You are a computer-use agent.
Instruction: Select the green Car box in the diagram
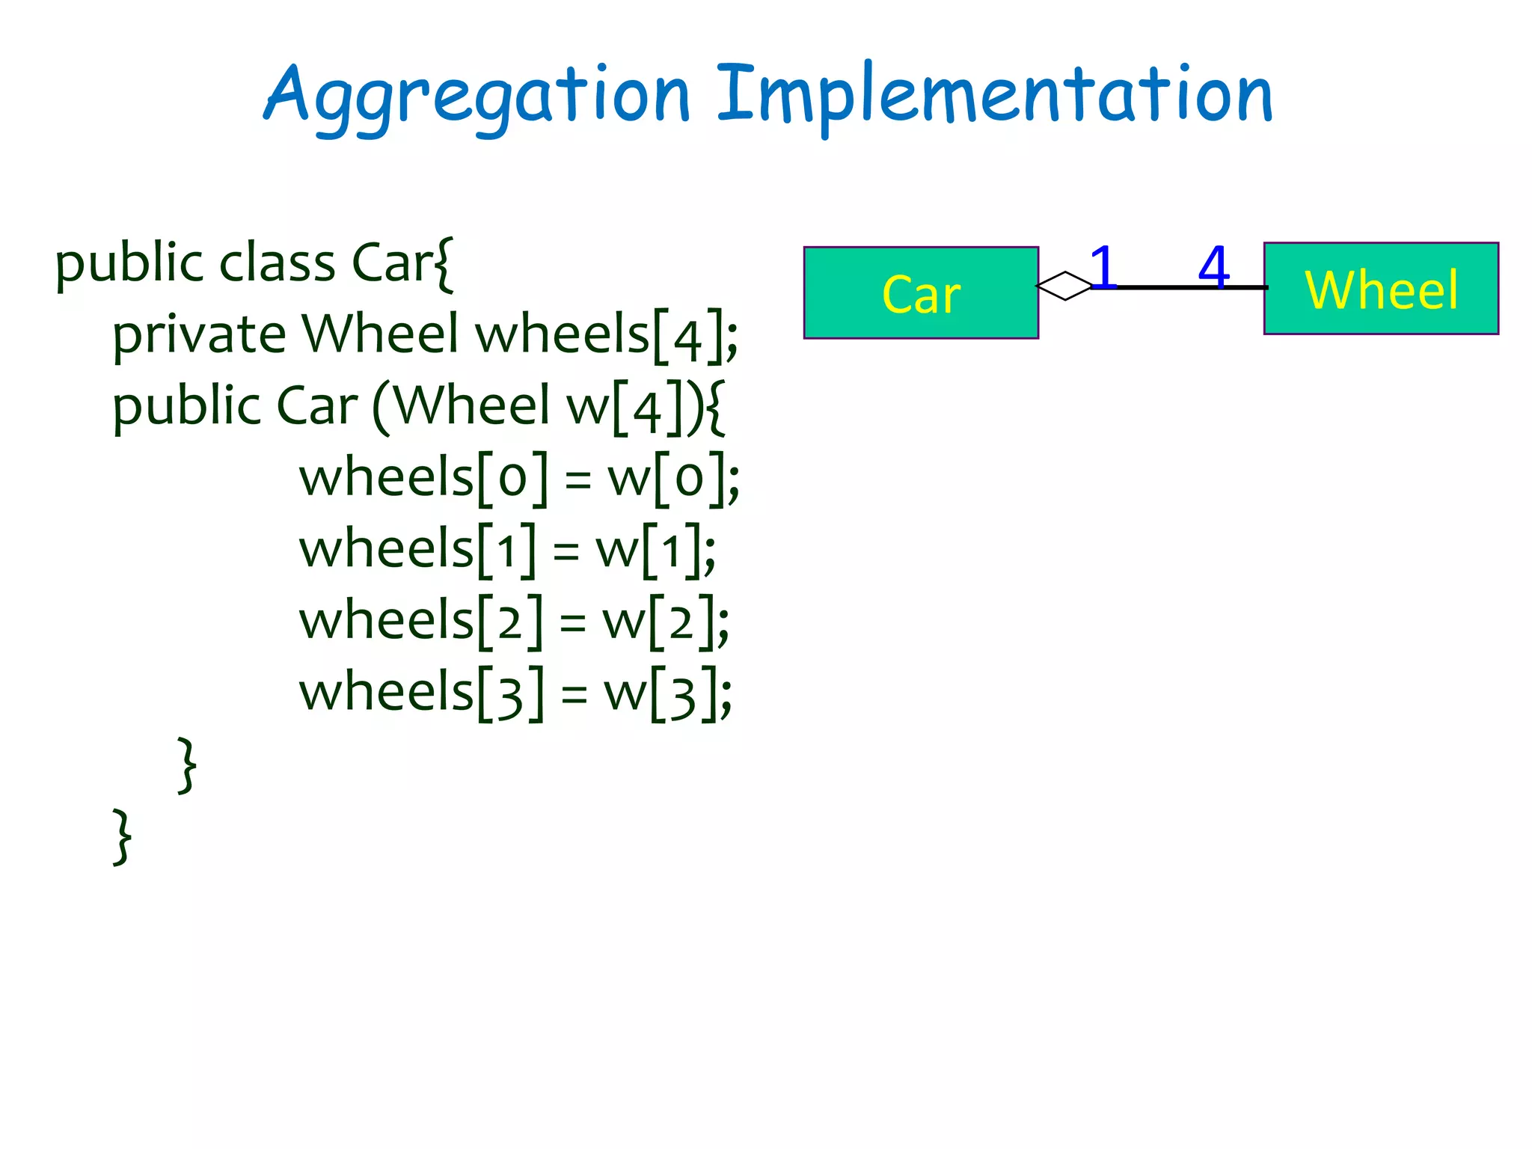[x=921, y=293]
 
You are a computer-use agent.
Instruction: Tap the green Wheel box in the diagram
[x=1381, y=289]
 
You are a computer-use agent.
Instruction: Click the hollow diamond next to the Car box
[x=1065, y=286]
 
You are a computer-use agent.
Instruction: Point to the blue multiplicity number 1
[x=1103, y=267]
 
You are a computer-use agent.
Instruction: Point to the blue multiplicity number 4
[x=1213, y=267]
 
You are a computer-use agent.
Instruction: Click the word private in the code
[x=199, y=334]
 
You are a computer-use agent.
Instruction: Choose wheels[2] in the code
[x=421, y=621]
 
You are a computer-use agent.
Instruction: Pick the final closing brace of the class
[x=122, y=836]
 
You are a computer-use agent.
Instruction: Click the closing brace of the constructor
[x=187, y=765]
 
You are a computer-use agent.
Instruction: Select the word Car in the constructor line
[x=317, y=406]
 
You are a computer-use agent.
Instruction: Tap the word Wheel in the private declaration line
[x=380, y=334]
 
